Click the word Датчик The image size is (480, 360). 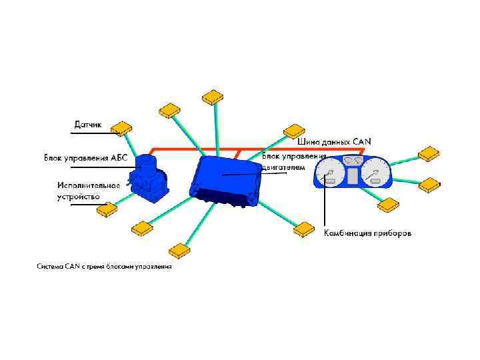coord(87,123)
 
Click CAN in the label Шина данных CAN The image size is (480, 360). coord(363,141)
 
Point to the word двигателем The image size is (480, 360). coord(283,167)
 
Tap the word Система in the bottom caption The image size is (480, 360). coord(50,267)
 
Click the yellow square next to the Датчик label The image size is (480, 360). coord(121,127)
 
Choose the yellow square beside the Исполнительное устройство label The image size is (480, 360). coord(106,211)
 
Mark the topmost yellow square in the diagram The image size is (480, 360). coord(212,97)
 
